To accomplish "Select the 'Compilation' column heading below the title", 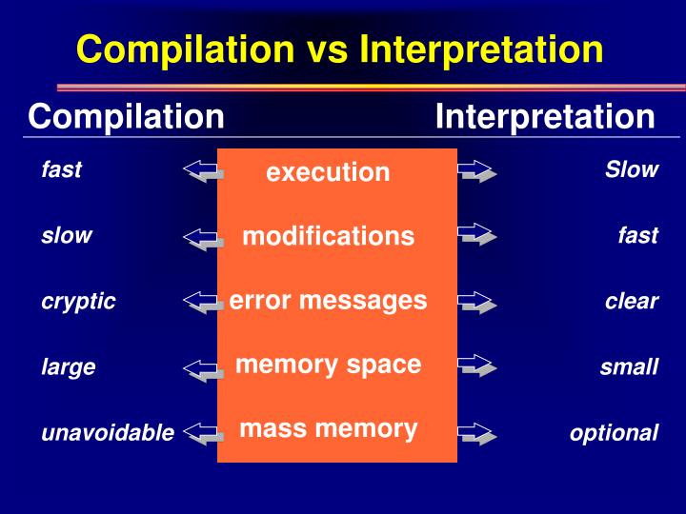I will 126,117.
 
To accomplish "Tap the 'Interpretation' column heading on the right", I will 545,117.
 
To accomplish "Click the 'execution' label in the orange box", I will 328,172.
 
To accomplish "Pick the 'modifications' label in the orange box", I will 328,236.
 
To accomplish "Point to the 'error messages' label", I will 328,301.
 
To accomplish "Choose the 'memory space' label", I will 328,365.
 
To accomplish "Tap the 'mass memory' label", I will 328,428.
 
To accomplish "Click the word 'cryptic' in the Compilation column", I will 78,302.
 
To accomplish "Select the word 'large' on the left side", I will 68,366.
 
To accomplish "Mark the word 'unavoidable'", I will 108,433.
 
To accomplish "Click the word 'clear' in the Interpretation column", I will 631,302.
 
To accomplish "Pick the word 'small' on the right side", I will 629,366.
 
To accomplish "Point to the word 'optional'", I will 614,433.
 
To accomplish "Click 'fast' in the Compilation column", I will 61,170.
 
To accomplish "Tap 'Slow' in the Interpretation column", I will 631,170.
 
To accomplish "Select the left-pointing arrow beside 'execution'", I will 203,171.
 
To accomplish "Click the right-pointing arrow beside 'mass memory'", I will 476,434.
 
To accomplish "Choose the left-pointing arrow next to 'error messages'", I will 203,303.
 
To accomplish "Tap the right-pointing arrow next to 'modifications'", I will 476,235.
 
